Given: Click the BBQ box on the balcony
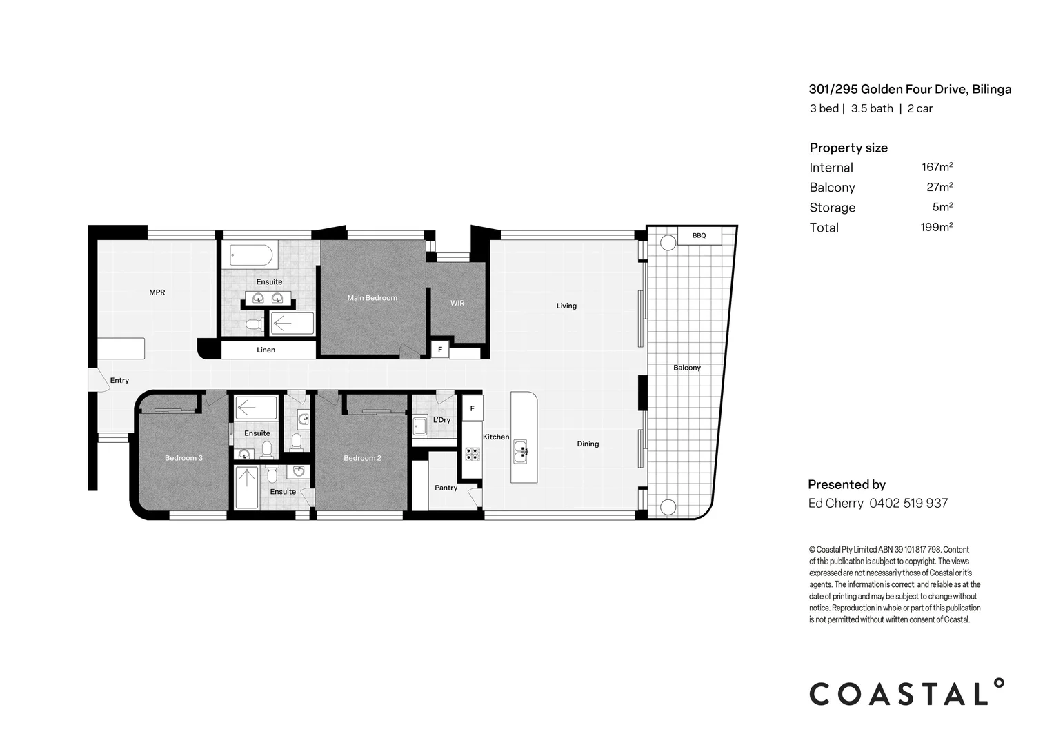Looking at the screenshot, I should [x=699, y=236].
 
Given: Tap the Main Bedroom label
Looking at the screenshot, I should [x=372, y=298].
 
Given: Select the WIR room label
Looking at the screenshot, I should [x=457, y=303].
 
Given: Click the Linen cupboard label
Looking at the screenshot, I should [x=266, y=350].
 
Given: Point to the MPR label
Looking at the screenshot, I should [x=157, y=292].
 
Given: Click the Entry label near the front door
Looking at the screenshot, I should [x=119, y=380].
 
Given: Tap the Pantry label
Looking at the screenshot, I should [x=446, y=488].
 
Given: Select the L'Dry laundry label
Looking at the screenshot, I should [x=441, y=420].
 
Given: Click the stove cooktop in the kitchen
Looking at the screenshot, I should [x=473, y=454].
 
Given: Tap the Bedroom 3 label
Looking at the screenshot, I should [x=183, y=458].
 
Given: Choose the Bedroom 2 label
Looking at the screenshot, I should [x=362, y=458].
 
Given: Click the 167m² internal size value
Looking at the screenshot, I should [x=937, y=167].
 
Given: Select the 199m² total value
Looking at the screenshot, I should [x=937, y=227].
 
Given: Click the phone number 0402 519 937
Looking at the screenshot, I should [x=908, y=504].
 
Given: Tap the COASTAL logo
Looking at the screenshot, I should [x=906, y=693].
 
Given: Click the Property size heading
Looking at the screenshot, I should [x=848, y=148].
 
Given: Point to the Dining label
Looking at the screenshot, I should [x=588, y=444].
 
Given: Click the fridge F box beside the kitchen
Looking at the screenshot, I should [x=473, y=408].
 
